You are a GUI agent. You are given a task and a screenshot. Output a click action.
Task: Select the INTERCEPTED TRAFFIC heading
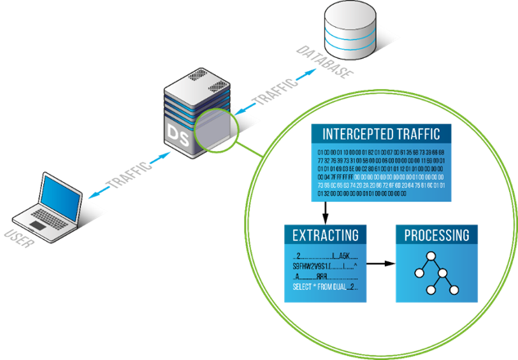382,134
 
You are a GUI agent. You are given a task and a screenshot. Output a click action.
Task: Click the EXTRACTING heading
325,236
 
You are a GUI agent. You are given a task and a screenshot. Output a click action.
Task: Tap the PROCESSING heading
436,236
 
